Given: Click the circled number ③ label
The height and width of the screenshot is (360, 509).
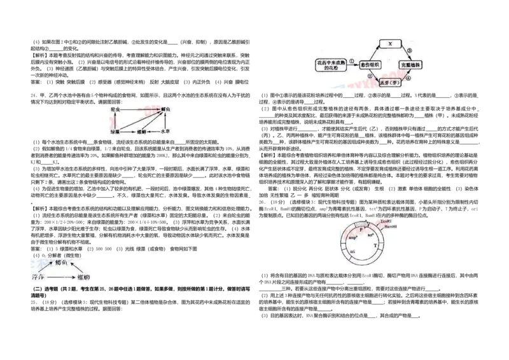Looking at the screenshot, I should pos(409,51).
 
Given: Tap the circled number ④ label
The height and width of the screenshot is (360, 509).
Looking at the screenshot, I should pos(408,79).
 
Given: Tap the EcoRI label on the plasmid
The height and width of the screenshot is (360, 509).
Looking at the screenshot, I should pos(387,221).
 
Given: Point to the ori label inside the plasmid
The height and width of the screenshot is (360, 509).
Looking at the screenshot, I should pos(352,252).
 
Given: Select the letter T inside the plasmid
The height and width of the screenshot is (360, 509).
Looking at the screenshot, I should pos(383,244).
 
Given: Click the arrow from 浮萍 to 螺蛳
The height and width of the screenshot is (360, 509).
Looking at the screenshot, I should pos(60,278).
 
